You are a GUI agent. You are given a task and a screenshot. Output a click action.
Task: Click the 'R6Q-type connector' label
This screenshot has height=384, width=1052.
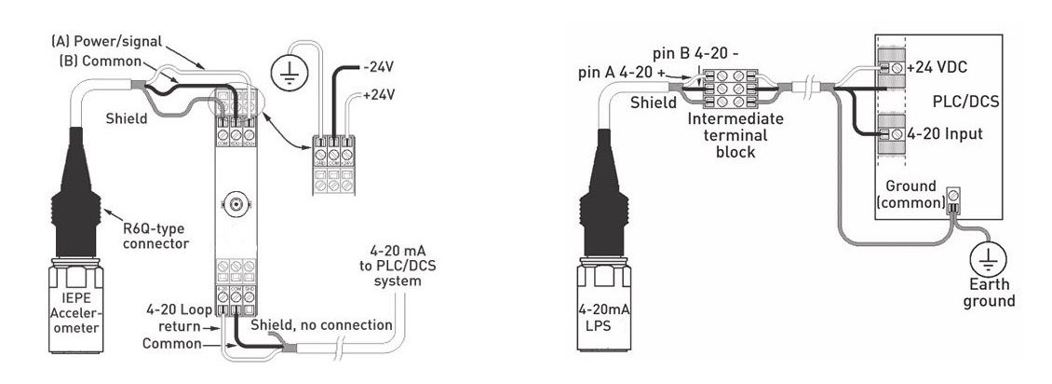pos(153,237)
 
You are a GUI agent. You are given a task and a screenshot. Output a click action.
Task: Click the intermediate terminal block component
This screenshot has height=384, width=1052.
pos(735,91)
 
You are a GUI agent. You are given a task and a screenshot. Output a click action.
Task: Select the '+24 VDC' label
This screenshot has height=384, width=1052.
pos(938,69)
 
